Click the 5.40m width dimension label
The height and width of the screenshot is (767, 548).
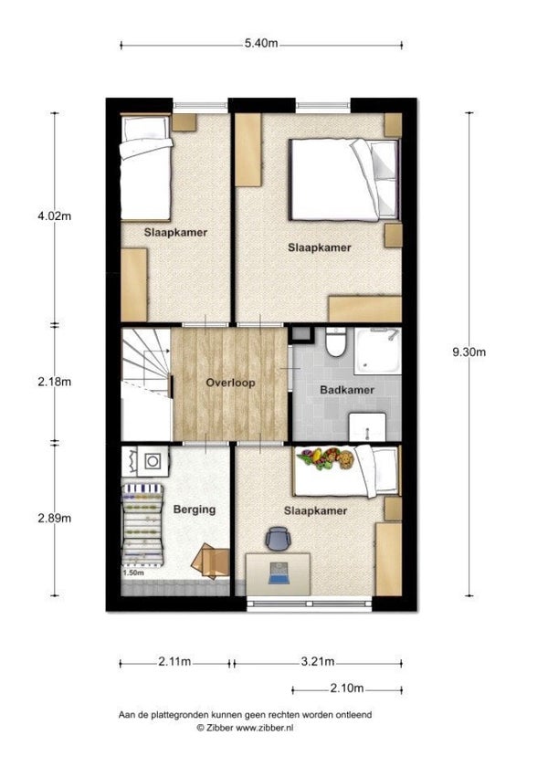tap(261, 44)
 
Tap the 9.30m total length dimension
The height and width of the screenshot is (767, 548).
tap(469, 352)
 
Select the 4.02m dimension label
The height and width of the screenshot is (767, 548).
tap(54, 215)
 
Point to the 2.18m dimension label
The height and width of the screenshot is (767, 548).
tap(54, 382)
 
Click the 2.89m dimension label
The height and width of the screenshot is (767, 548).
tap(54, 518)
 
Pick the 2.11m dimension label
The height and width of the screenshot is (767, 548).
tap(174, 662)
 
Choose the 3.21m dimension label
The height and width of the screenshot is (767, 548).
tap(318, 662)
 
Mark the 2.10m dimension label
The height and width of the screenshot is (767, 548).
tap(347, 688)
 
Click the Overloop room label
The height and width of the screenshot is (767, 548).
tap(230, 383)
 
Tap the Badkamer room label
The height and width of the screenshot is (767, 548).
tap(347, 390)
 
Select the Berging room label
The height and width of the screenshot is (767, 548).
tap(195, 510)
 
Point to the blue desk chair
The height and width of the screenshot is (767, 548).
tap(279, 538)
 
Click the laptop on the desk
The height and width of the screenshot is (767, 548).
tap(279, 573)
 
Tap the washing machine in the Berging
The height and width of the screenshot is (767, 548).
tap(153, 460)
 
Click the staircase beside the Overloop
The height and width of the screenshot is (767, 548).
tap(146, 383)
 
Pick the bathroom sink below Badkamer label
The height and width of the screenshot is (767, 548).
tap(367, 427)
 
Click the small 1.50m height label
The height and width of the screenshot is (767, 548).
tap(133, 573)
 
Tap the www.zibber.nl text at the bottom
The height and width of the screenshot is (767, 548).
tap(265, 728)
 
